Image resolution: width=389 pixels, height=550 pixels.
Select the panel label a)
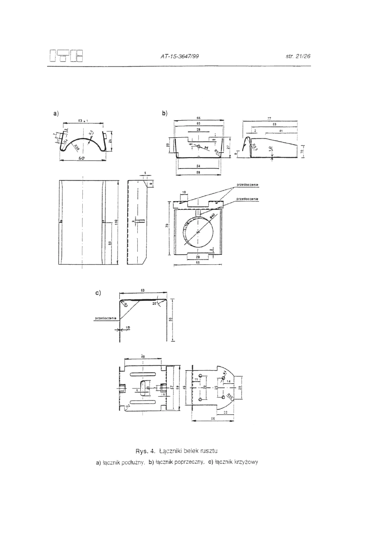pos(56,114)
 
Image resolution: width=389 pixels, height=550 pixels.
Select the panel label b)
pos(165,114)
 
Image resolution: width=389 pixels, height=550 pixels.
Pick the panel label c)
pos(98,293)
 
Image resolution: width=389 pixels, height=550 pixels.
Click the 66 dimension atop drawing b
pos(198,118)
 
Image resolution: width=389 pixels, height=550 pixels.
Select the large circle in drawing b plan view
pos(198,232)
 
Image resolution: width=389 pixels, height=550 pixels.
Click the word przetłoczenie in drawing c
pos(105,319)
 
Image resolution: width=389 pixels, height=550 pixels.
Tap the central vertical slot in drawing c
pos(143,388)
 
